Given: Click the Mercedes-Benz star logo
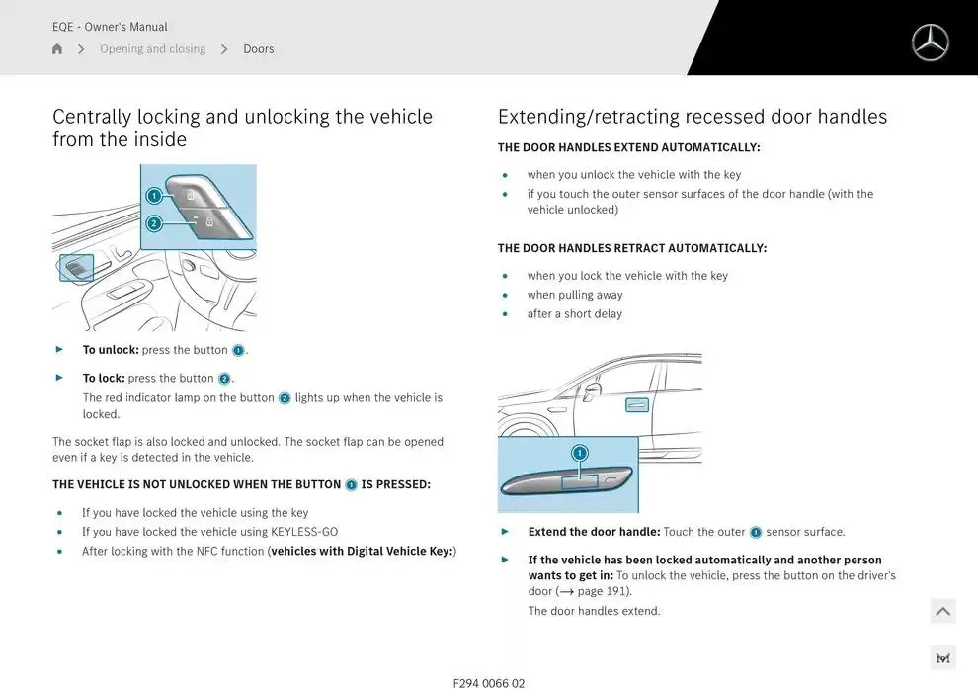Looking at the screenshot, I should (930, 43).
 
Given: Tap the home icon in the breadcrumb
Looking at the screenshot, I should (57, 49).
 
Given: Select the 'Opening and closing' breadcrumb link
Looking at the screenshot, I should (152, 49).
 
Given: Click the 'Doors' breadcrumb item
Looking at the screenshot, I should (259, 49).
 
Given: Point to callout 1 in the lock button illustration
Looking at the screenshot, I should (154, 196).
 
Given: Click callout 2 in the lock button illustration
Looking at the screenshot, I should (154, 223).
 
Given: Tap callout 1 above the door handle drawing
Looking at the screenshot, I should (580, 453).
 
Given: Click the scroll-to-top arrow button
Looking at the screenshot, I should (942, 612).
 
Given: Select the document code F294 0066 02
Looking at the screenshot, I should (489, 683).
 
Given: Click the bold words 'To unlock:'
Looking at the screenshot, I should (111, 350).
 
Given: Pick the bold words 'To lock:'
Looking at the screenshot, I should (104, 378).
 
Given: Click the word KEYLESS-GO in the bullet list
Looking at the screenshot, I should (303, 532).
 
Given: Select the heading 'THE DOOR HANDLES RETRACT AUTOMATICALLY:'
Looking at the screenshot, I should (631, 248).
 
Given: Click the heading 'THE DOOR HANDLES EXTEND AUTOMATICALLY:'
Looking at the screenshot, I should (628, 147).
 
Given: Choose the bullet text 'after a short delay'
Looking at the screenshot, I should (575, 314).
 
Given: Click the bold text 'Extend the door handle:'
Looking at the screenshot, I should (594, 532).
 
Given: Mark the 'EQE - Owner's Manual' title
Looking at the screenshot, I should (110, 27).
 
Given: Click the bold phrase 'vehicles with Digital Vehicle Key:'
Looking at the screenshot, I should (363, 551).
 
